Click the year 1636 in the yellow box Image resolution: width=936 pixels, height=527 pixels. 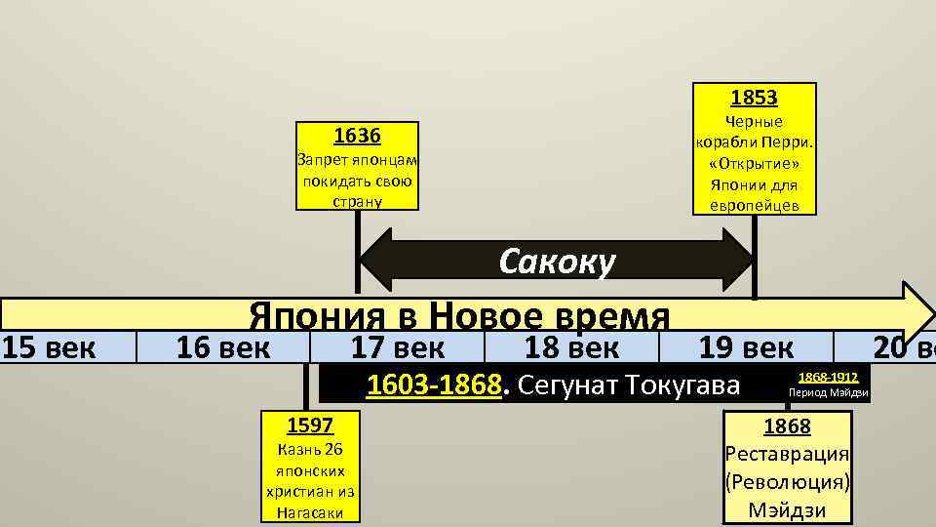click(x=357, y=136)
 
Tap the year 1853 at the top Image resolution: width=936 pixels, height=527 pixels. click(x=754, y=98)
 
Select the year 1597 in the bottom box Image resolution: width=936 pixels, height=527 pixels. click(x=309, y=426)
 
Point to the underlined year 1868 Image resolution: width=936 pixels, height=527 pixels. click(x=787, y=426)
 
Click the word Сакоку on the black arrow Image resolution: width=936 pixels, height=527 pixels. click(x=557, y=262)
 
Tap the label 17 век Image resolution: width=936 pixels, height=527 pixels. click(x=397, y=346)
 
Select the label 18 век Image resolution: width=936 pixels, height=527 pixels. click(x=571, y=346)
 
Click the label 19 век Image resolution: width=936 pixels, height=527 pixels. click(x=747, y=346)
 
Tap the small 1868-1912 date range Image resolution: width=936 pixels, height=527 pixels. click(x=828, y=377)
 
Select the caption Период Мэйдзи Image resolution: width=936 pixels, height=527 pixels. click(x=828, y=393)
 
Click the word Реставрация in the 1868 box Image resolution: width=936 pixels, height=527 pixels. click(x=787, y=455)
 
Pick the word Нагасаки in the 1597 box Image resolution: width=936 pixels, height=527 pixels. click(x=309, y=511)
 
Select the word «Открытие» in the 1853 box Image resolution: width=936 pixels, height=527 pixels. click(x=754, y=163)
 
